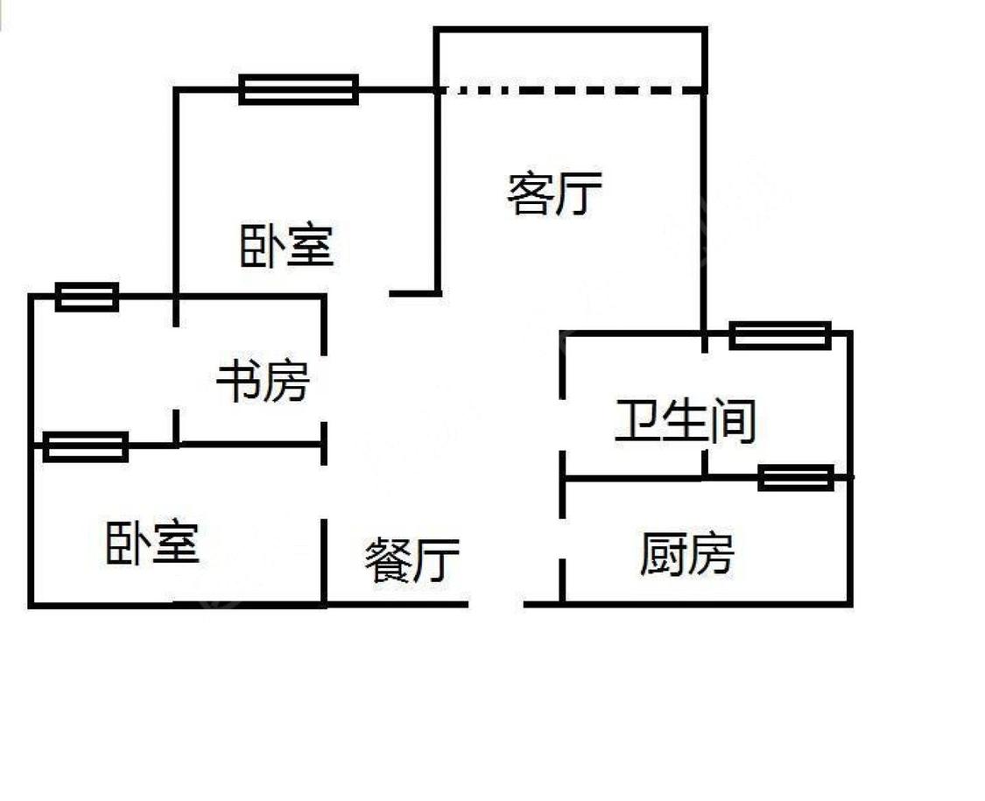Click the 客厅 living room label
pos(554,193)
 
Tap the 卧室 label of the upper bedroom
pos(287,245)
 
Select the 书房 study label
pos(263,382)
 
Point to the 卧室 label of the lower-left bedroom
pos(152,543)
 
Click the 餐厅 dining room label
pos(412,560)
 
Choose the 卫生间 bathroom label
pos(685,421)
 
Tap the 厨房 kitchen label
pos(686,553)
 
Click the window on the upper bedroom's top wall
pos(299,89)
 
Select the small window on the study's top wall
pos(87,297)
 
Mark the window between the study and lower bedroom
pos(86,446)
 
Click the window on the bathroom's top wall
pos(780,334)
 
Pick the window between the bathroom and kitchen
pos(795,477)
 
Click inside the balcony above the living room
pos(570,60)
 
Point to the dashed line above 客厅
pos(570,88)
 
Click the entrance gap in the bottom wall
pos(496,603)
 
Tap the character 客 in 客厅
pos(530,193)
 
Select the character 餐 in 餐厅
pos(387,560)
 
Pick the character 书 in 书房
pos(238,382)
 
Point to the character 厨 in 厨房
pos(662,553)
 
